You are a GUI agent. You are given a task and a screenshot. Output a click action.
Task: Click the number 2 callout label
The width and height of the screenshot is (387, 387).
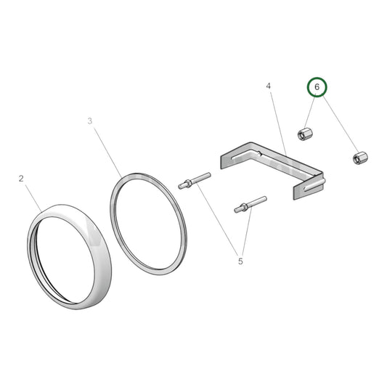click(21, 179)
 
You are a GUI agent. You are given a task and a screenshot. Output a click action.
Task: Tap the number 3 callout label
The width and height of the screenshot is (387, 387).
click(90, 121)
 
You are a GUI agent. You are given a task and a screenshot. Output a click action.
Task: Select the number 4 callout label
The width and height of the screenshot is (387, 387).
click(268, 86)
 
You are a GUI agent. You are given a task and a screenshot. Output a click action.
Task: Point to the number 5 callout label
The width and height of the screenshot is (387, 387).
click(240, 261)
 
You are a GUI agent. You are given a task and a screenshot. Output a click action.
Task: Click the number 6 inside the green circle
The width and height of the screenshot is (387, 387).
click(317, 87)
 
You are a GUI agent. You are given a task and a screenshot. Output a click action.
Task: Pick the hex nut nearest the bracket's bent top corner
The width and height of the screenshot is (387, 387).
click(305, 134)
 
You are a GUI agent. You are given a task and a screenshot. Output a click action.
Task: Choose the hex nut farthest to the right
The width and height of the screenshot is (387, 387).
click(360, 158)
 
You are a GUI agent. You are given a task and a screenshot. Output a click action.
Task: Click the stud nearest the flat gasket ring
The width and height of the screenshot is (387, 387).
click(195, 181)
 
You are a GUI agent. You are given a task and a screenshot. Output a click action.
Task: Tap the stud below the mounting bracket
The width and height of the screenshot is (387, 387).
click(250, 204)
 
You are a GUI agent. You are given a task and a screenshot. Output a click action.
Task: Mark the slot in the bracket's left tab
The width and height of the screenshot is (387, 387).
click(245, 156)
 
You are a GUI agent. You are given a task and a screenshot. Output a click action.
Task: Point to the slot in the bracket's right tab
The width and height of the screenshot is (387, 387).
click(314, 185)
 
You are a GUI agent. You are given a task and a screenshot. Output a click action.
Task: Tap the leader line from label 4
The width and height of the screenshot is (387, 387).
click(278, 124)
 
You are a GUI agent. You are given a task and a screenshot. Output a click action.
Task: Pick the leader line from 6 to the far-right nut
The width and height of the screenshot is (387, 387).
click(340, 124)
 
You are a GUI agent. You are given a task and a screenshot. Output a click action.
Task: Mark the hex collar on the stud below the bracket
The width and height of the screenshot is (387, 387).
click(244, 207)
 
